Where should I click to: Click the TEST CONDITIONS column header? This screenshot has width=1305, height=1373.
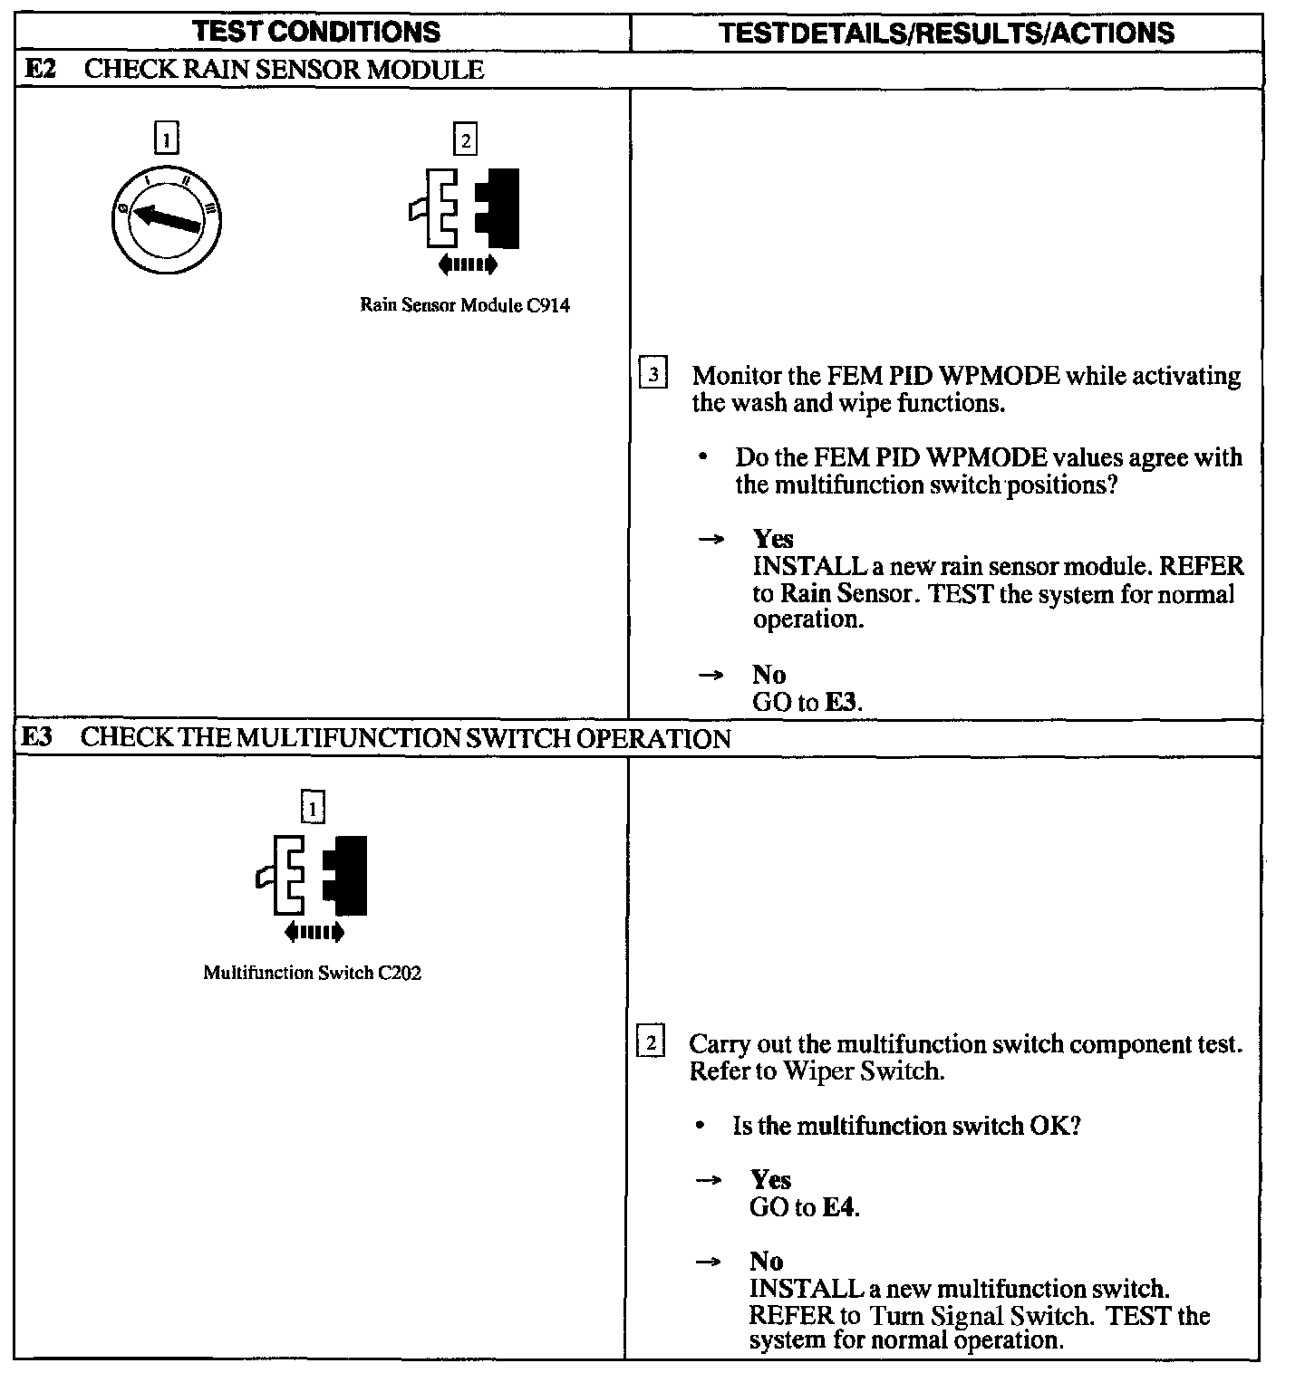[x=317, y=32]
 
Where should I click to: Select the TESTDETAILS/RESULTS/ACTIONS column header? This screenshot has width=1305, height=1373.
[x=946, y=34]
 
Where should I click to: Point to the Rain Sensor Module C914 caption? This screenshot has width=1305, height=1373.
[x=465, y=305]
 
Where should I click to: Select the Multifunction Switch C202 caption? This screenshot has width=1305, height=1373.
[x=313, y=973]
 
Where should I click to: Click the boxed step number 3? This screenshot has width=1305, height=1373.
[x=653, y=374]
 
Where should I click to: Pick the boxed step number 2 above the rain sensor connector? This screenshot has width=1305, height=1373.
[x=465, y=140]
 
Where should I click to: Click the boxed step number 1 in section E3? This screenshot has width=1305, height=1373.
[x=313, y=807]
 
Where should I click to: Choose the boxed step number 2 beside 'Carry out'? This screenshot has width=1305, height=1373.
[x=652, y=1042]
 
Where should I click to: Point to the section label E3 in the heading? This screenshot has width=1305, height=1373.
[x=37, y=737]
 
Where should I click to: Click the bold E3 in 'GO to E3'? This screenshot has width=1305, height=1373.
[x=841, y=702]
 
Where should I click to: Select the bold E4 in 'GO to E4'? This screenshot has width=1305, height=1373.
[x=839, y=1207]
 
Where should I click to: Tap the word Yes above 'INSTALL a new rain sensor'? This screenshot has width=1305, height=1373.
[x=772, y=539]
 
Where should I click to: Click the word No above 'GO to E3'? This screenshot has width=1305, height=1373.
[x=768, y=675]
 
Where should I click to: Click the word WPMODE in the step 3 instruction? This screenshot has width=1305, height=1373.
[x=997, y=376]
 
